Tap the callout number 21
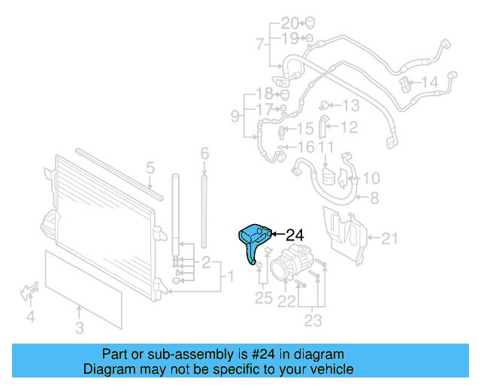pos(389,239)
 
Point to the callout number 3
pos(80,327)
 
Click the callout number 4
pos(31,317)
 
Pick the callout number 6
pos(204,154)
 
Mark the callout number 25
pos(263,298)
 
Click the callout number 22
pos(287,301)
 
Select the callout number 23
pos(313,321)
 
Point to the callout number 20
pos(290,23)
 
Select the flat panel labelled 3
pos(83,290)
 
